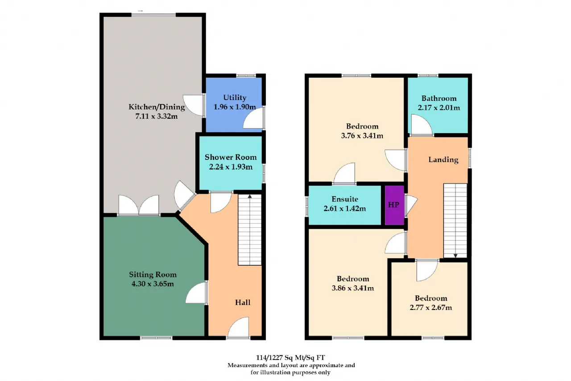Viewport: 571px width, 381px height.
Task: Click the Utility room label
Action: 235,97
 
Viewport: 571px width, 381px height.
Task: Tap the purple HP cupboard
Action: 394,205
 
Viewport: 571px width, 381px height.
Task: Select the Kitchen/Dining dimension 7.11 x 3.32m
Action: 157,117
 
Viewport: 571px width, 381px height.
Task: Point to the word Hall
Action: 243,302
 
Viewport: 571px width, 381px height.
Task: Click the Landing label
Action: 443,160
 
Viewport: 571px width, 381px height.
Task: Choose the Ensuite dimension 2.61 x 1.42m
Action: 345,209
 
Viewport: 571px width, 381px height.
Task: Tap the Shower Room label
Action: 231,157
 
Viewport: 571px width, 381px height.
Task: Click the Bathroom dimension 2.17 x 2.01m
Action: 439,108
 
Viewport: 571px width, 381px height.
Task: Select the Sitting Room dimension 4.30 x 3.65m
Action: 153,284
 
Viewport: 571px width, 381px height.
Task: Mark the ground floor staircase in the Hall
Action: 250,230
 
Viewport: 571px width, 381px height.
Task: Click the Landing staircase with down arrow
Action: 455,221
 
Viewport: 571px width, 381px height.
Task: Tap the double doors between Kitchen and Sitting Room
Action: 139,205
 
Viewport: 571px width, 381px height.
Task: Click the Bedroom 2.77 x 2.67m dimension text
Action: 431,307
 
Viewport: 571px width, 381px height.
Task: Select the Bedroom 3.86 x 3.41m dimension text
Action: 353,288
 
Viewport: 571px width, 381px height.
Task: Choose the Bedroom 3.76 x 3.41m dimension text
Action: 362,136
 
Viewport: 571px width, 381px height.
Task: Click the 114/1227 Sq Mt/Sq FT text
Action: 290,357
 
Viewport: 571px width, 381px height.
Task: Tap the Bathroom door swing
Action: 422,125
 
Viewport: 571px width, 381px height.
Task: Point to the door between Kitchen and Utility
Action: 194,105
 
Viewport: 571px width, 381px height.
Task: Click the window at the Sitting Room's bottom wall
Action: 156,338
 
